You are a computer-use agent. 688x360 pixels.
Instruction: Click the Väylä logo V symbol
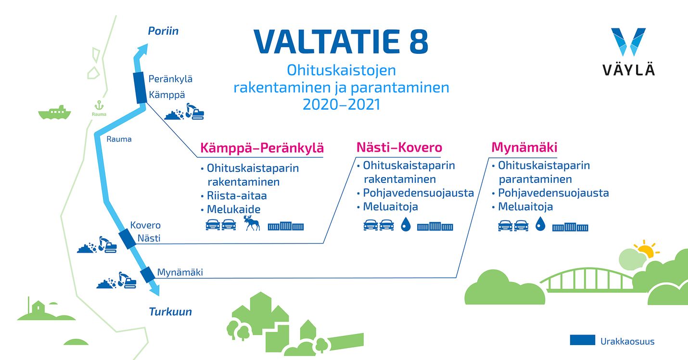point(628,42)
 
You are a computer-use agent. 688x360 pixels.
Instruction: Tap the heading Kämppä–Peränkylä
point(262,147)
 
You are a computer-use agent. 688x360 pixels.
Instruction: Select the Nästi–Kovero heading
point(399,147)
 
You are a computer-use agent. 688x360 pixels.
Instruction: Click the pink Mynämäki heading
point(524,147)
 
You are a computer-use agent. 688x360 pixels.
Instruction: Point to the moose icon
point(252,223)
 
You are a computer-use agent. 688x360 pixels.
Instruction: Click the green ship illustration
point(54,113)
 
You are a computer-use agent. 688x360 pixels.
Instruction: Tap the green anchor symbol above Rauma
point(99,105)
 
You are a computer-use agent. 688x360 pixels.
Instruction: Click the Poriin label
point(163,31)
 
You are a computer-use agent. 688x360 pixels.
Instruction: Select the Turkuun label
point(170,311)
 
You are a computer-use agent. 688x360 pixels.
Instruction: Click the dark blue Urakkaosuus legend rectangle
point(582,340)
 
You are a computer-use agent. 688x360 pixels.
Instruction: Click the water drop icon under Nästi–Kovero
point(406,224)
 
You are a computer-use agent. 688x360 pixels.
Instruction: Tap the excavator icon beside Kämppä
point(195,111)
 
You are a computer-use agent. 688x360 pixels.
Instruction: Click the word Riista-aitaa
point(237,196)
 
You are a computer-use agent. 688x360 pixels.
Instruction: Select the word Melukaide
point(234,209)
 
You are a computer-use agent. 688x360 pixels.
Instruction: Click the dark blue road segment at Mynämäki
point(148,274)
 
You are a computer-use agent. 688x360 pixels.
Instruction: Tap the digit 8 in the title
point(419,41)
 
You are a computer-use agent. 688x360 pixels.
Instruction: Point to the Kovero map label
point(145,225)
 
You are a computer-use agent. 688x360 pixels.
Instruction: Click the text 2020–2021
point(341,104)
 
